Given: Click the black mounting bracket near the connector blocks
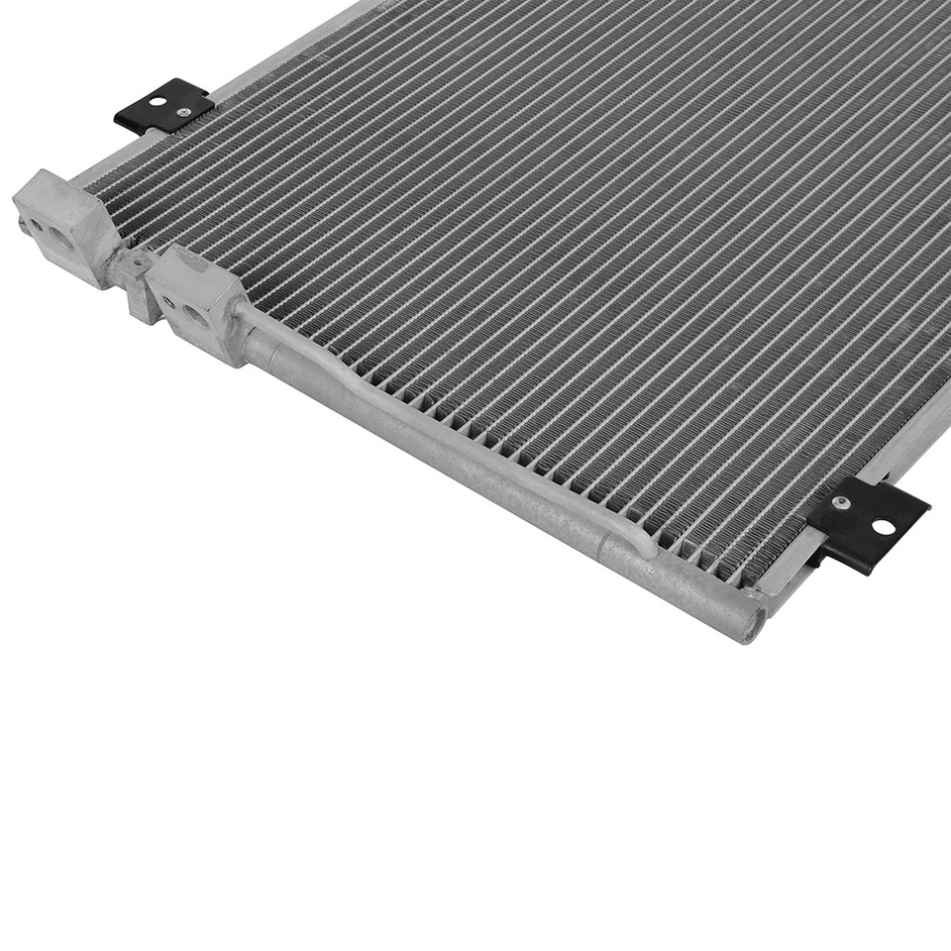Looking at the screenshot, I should click(x=163, y=106).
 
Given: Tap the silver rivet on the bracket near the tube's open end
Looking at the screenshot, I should click(x=842, y=504).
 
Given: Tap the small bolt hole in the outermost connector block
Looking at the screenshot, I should click(x=37, y=225).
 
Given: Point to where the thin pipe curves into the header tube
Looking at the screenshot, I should click(x=634, y=540).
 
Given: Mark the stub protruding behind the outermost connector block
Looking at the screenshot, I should click(x=22, y=226).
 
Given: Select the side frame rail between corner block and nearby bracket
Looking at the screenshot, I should click(x=149, y=149).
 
